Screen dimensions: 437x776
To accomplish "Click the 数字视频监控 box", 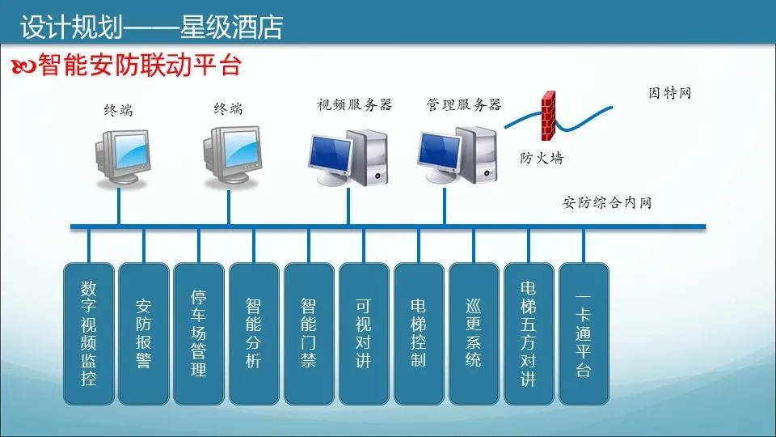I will pyautogui.click(x=89, y=333).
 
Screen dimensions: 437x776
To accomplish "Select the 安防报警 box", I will pyautogui.click(x=144, y=333).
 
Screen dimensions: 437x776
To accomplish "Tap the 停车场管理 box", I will pyautogui.click(x=199, y=333).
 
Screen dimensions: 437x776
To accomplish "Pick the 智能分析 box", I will pyautogui.click(x=254, y=333).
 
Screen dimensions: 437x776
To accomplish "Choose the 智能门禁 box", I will pyautogui.click(x=309, y=333).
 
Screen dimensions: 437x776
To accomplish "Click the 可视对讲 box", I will pyautogui.click(x=364, y=333).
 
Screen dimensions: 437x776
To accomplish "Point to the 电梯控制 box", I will pyautogui.click(x=419, y=333).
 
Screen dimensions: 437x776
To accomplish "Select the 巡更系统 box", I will pyautogui.click(x=474, y=333).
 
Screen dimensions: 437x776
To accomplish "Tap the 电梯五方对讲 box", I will pyautogui.click(x=529, y=333).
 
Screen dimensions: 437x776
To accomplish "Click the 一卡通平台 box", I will pyautogui.click(x=584, y=333).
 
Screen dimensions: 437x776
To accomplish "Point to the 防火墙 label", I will pyautogui.click(x=541, y=159).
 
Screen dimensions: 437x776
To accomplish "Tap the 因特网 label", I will pyautogui.click(x=670, y=93).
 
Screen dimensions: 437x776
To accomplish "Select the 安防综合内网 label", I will pyautogui.click(x=606, y=202).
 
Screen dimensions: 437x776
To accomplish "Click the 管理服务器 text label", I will pyautogui.click(x=464, y=104).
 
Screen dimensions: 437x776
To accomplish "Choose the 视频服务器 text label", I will pyautogui.click(x=354, y=104).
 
